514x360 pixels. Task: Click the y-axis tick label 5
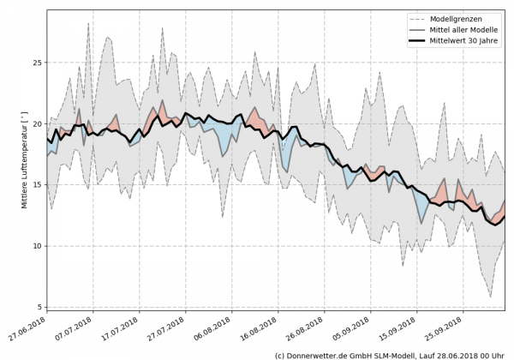(x=39, y=307)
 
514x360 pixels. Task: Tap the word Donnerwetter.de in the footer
(x=319, y=354)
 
